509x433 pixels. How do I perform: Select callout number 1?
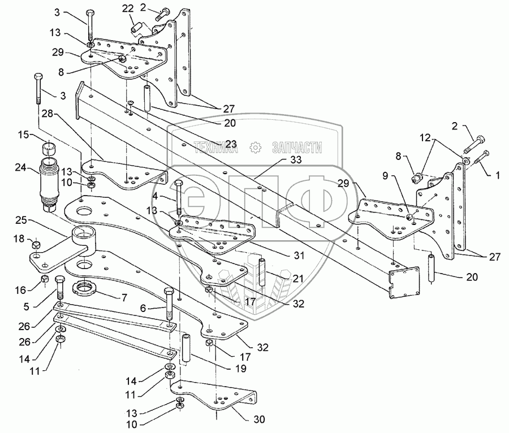tap(497, 175)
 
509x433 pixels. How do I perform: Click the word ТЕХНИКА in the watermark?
tap(214, 148)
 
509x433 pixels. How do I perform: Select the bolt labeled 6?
tap(168, 305)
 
